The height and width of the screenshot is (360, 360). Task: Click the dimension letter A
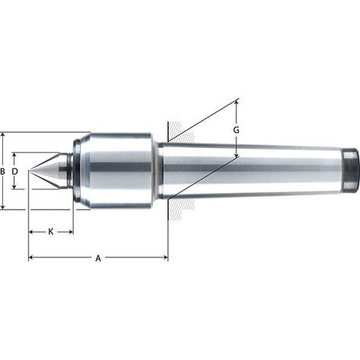[x=98, y=257]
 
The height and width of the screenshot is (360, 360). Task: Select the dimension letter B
[x=4, y=171]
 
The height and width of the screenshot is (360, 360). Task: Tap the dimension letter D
[x=15, y=171]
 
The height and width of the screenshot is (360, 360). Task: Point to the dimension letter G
[x=236, y=128]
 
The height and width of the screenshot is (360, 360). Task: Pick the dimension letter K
[x=51, y=232]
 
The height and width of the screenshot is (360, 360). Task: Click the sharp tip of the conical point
[x=30, y=171]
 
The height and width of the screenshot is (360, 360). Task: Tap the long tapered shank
[x=258, y=169]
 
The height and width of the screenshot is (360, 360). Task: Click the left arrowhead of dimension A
[x=31, y=257]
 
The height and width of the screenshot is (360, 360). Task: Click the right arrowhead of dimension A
[x=165, y=257]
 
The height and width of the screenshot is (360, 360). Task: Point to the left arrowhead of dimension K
[x=31, y=232]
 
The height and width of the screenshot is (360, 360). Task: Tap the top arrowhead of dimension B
[x=4, y=135]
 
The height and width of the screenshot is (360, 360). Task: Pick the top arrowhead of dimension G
[x=236, y=103]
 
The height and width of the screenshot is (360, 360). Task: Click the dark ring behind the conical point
[x=69, y=171]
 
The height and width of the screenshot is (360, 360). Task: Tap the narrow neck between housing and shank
[x=157, y=170]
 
